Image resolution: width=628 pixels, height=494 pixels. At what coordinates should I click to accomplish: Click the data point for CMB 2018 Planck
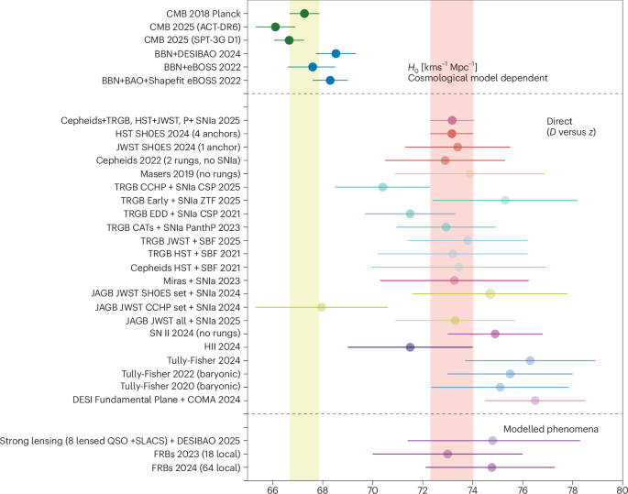304,13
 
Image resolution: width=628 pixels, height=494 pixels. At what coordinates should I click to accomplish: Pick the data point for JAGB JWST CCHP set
322,306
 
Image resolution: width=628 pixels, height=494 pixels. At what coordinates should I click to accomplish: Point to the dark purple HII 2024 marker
410,346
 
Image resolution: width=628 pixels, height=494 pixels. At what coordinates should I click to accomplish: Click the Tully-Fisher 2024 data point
530,360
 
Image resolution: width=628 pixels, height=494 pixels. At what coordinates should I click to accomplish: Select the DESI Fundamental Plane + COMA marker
535,400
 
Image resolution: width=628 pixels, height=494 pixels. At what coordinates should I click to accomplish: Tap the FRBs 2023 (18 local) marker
447,454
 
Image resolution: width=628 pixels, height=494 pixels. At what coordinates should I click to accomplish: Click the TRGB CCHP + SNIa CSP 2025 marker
382,187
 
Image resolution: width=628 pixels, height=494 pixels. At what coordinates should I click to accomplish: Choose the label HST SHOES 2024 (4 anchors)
182,134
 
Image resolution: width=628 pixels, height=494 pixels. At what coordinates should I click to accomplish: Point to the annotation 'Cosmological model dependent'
470,80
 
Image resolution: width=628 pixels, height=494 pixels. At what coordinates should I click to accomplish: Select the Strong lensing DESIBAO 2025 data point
492,440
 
